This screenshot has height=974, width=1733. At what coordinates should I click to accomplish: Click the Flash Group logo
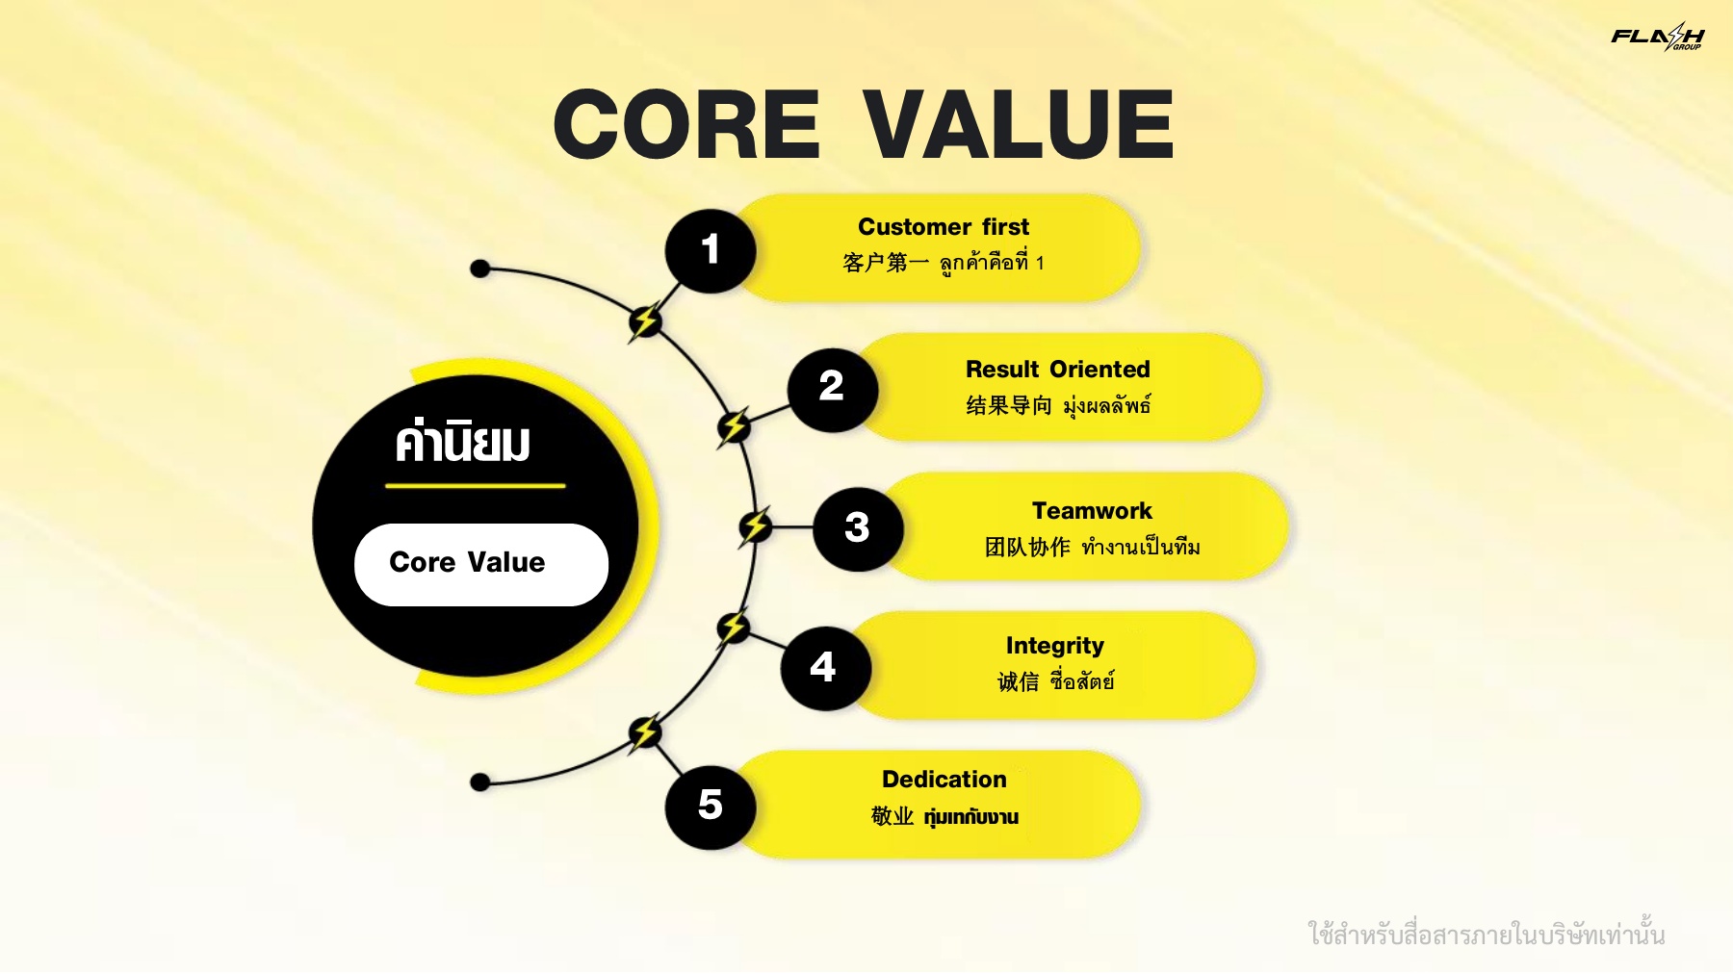[x=1657, y=37]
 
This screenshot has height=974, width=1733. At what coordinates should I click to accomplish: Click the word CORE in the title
[x=686, y=124]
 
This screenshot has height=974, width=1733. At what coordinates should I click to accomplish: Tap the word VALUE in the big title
[x=1018, y=124]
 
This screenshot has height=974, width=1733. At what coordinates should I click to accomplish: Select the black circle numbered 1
[x=711, y=250]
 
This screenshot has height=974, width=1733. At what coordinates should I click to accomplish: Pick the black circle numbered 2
[x=832, y=389]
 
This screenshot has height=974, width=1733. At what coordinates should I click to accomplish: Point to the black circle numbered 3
[x=858, y=528]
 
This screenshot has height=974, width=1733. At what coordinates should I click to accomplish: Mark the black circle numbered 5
[x=711, y=807]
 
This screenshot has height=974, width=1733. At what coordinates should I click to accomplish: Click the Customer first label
[x=944, y=227]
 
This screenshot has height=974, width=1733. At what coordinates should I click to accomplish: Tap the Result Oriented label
[x=1058, y=370]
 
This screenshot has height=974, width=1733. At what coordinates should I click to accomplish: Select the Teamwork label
[x=1092, y=511]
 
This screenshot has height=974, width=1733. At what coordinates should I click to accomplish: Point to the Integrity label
[x=1055, y=647]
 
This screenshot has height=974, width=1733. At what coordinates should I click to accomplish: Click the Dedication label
[x=944, y=780]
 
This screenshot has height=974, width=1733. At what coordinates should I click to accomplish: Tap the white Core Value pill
[x=481, y=565]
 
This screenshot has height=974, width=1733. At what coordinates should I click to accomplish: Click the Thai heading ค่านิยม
[x=462, y=443]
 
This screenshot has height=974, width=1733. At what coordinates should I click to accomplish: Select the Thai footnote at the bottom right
[x=1487, y=934]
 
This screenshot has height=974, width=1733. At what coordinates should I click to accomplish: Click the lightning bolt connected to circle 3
[x=755, y=527]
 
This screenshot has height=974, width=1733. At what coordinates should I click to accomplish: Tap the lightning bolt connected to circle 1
[x=645, y=321]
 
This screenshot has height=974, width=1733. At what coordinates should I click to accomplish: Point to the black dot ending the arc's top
[x=480, y=269]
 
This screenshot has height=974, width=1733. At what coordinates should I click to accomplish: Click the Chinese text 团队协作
[x=1027, y=548]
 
